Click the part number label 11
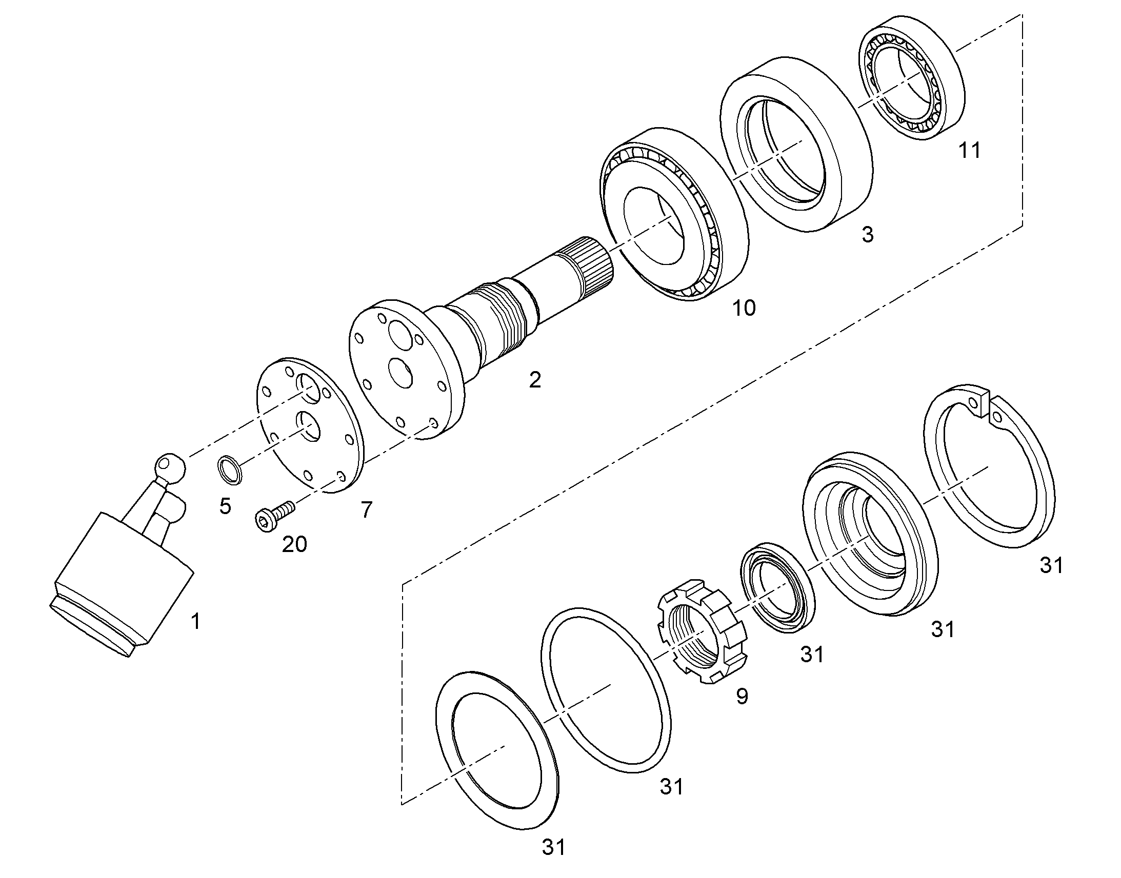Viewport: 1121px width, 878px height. pyautogui.click(x=969, y=151)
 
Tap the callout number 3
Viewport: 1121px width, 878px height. pyautogui.click(x=868, y=234)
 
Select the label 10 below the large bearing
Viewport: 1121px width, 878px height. pyautogui.click(x=744, y=308)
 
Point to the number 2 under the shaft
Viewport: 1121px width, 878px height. pyautogui.click(x=535, y=380)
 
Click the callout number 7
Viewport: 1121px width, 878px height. pyautogui.click(x=366, y=510)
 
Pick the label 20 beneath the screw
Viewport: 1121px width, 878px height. pyautogui.click(x=294, y=544)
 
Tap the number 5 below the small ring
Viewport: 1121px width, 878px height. pyautogui.click(x=225, y=506)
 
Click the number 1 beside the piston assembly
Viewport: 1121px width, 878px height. pyautogui.click(x=195, y=622)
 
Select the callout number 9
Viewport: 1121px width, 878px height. pyautogui.click(x=742, y=697)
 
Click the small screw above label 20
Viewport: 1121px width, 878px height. pyautogui.click(x=274, y=516)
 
